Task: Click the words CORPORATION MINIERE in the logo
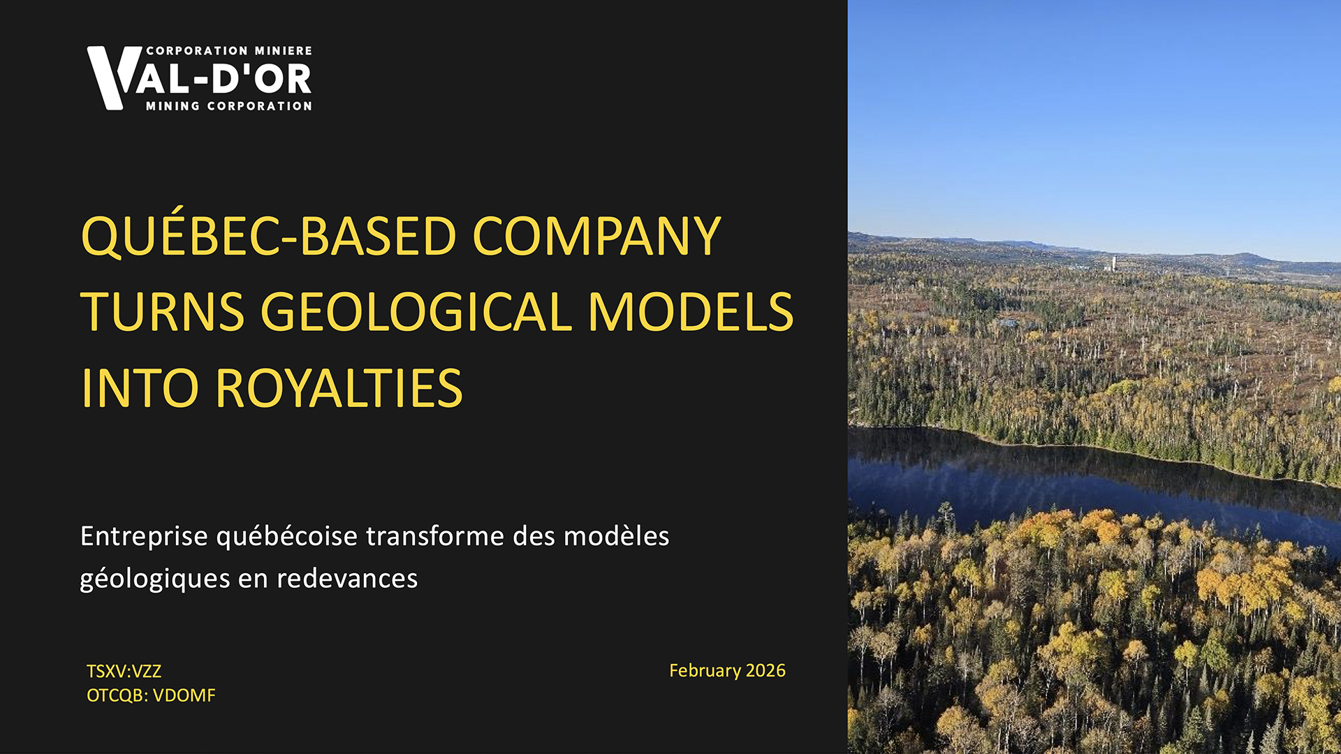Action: click(229, 51)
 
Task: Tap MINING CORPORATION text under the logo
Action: click(229, 106)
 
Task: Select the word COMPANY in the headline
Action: click(597, 236)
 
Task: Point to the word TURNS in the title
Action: click(163, 311)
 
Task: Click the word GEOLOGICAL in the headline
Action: click(416, 311)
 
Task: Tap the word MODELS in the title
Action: click(691, 311)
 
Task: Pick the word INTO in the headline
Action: click(140, 388)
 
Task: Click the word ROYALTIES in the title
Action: click(339, 388)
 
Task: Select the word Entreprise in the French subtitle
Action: click(144, 537)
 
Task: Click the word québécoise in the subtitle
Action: click(287, 537)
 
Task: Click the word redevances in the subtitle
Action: click(347, 579)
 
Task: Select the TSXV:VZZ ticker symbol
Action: click(124, 672)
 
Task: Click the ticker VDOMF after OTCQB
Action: click(184, 696)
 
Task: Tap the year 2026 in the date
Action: click(765, 671)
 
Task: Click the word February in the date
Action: click(705, 672)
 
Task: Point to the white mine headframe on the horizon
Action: click(1113, 264)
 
